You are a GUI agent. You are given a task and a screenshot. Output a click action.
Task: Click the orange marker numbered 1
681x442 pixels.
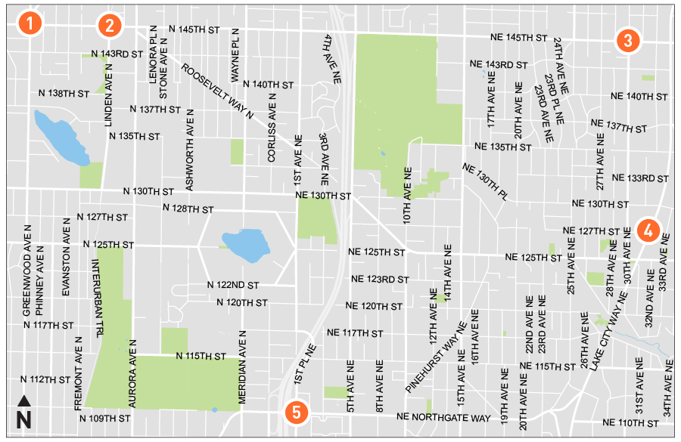coord(29,23)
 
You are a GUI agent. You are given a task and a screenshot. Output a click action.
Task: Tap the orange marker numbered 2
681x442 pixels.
coord(109,25)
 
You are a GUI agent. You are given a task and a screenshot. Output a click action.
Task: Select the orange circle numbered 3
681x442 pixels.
coord(627,40)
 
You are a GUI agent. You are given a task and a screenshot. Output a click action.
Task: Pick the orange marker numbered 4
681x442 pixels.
coord(648,230)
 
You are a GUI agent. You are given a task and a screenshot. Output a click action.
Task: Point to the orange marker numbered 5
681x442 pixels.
coord(297,412)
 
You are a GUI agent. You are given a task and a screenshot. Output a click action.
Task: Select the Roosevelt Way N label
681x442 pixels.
coord(216,89)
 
